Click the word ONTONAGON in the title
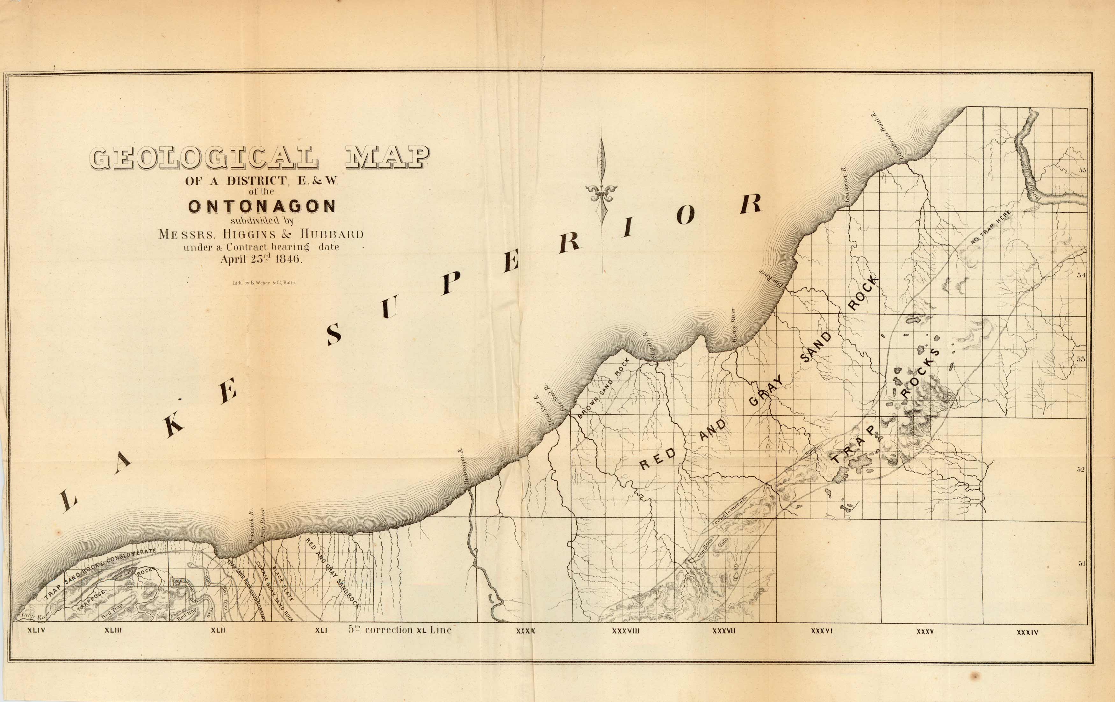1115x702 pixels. pyautogui.click(x=262, y=206)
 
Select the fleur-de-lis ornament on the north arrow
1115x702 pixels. pyautogui.click(x=601, y=191)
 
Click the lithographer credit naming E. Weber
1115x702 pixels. pyautogui.click(x=264, y=283)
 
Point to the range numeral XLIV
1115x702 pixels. pyautogui.click(x=36, y=630)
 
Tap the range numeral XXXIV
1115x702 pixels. pyautogui.click(x=1027, y=632)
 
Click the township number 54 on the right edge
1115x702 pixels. pyautogui.click(x=1081, y=275)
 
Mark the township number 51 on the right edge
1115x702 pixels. pyautogui.click(x=1082, y=563)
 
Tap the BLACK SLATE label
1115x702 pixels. pyautogui.click(x=283, y=584)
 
